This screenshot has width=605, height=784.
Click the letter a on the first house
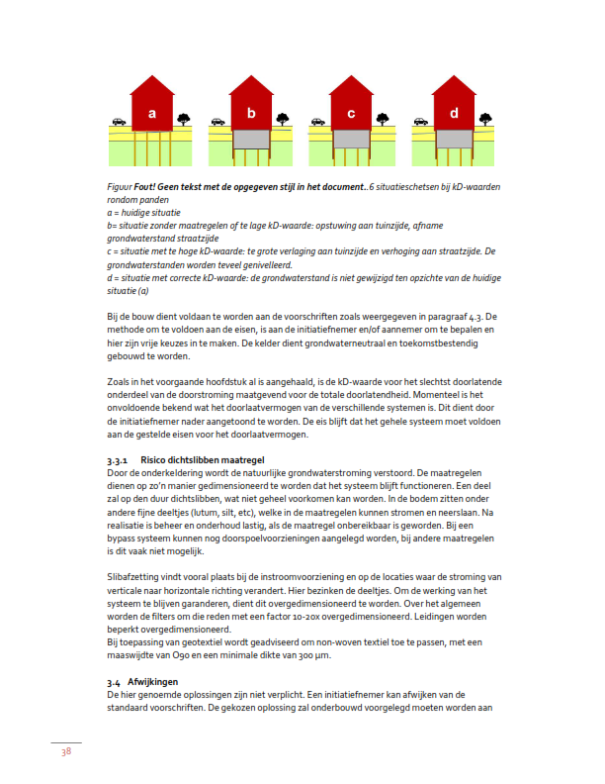(151, 113)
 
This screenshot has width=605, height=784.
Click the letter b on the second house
(252, 113)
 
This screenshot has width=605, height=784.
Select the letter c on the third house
(352, 113)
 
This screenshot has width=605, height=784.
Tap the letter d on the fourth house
(454, 113)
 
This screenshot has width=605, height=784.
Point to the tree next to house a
(183, 120)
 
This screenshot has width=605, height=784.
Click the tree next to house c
(385, 120)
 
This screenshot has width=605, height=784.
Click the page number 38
(65, 752)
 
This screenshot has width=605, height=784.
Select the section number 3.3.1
(119, 461)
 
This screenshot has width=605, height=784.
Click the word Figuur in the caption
(121, 186)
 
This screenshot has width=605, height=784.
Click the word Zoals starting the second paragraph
(119, 381)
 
